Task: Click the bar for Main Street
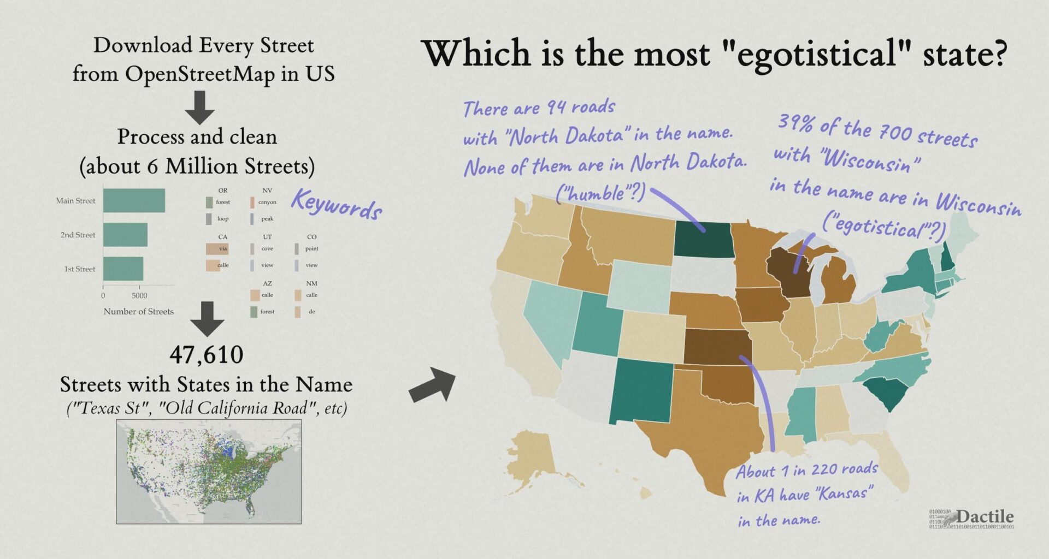pos(134,200)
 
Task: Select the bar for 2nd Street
pos(125,235)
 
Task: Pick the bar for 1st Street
pos(123,269)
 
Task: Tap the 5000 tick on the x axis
pos(139,295)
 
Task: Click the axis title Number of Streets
pos(138,312)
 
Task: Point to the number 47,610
pos(207,355)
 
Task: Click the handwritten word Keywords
pos(336,204)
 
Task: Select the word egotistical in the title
pos(817,55)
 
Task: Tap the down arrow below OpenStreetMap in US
pos(199,107)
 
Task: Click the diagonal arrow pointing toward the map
pos(433,384)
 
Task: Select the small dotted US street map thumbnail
pos(209,472)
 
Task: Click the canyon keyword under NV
pos(267,203)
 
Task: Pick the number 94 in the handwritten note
pos(556,106)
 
